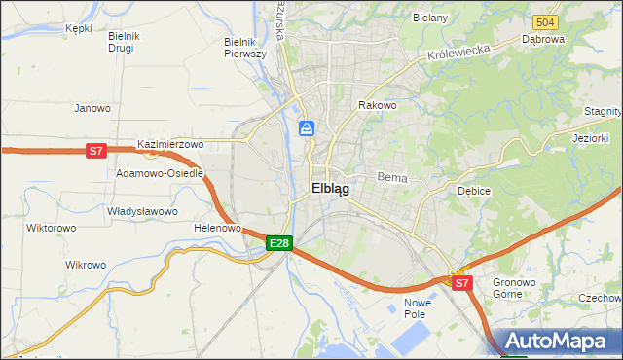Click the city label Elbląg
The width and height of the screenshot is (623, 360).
(330, 189)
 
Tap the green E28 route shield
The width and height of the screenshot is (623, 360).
(279, 242)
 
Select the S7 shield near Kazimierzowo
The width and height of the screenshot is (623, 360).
(95, 151)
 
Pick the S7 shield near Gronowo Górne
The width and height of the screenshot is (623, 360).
(461, 283)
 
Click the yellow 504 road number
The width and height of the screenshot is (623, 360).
(545, 21)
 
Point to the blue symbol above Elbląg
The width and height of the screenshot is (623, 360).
(306, 127)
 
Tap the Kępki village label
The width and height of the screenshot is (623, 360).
(78, 28)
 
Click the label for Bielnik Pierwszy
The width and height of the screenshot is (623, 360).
(245, 48)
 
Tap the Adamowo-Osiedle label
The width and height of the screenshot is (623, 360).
(160, 173)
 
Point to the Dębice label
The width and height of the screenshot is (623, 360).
(474, 191)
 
